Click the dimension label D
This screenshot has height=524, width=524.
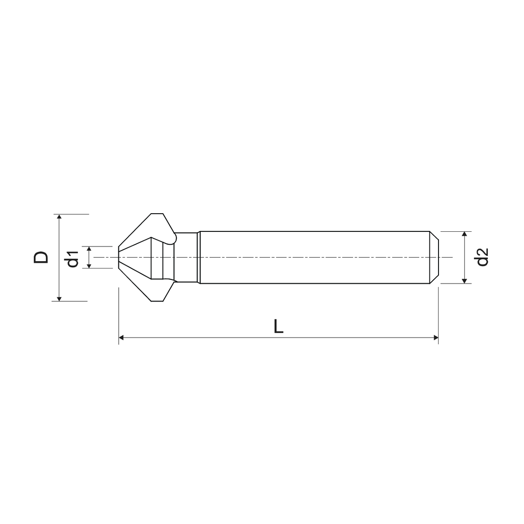[x=41, y=257]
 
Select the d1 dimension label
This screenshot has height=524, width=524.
[x=72, y=258]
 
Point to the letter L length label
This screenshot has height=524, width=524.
[x=278, y=326]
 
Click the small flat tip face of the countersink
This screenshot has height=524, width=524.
[x=119, y=257]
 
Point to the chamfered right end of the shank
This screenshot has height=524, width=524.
[x=435, y=257]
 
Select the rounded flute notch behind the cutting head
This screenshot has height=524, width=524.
[x=174, y=238]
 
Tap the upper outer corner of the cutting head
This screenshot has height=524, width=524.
[x=157, y=214]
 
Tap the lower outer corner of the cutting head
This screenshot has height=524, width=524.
[x=157, y=300]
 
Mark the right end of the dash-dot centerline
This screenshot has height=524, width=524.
[x=452, y=257]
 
